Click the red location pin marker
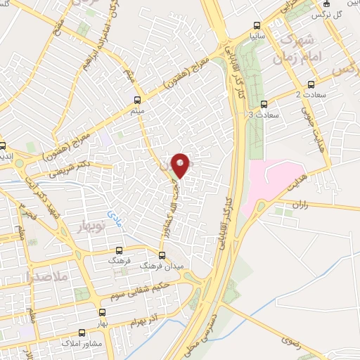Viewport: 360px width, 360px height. click(x=181, y=165)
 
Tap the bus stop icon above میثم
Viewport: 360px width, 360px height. click(x=137, y=99)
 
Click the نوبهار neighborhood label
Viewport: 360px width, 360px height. click(x=86, y=226)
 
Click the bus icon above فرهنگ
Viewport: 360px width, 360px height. click(x=119, y=250)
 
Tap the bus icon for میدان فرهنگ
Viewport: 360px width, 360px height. click(x=162, y=255)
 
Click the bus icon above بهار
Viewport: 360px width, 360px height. click(x=103, y=311)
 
